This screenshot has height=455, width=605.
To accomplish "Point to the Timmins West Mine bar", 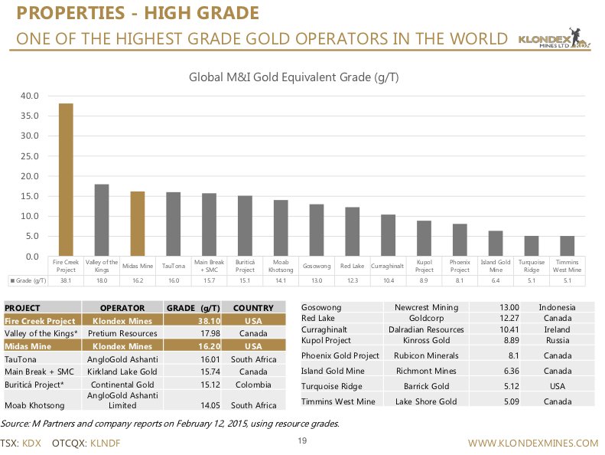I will (x=567, y=246).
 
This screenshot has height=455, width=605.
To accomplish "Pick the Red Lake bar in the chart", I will (x=352, y=231).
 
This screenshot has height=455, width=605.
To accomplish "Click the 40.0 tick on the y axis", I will (x=30, y=97).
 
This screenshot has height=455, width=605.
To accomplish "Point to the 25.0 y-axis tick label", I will (x=30, y=156).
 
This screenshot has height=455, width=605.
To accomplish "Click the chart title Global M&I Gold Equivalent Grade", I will (x=294, y=77).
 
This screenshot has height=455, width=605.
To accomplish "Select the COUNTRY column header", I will (x=253, y=308).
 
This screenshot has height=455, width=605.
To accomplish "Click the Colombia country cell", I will (x=253, y=385).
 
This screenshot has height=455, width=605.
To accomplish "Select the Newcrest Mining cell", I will (x=426, y=307).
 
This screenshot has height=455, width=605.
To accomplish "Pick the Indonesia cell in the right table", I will (x=556, y=307).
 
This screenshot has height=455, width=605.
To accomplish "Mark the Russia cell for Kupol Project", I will (x=556, y=339).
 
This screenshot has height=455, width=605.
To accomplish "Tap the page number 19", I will (x=302, y=440).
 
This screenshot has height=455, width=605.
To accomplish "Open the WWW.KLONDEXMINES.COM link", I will (x=532, y=443).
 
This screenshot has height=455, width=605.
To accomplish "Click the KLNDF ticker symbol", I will (x=105, y=443).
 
